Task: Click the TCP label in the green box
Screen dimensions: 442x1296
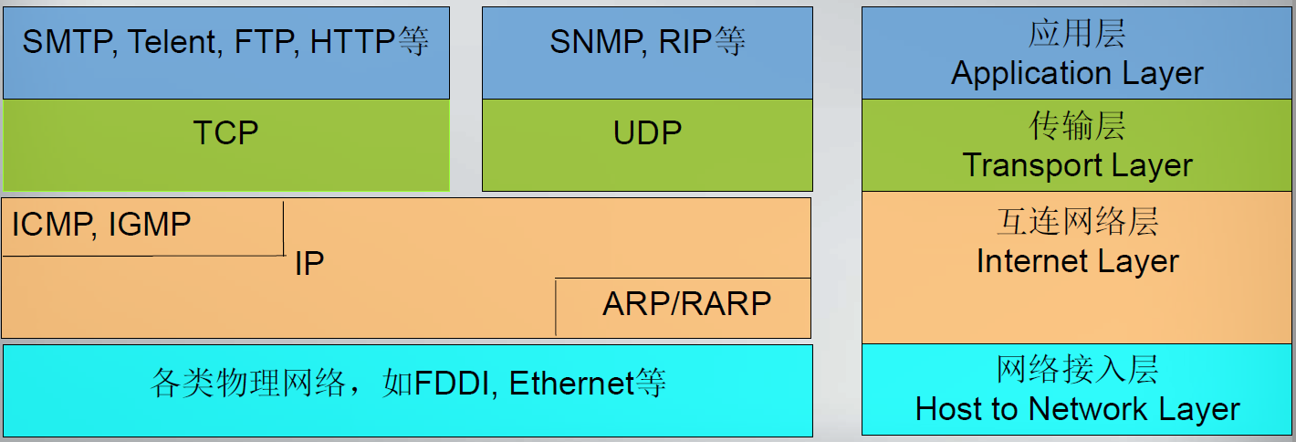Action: coord(225,133)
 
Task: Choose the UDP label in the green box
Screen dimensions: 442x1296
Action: coord(647,133)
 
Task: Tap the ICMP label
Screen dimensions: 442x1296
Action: coord(51,224)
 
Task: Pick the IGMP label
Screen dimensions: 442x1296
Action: coord(150,224)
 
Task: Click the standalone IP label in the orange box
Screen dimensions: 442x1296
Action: coord(309,265)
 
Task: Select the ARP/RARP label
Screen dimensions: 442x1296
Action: coord(686,303)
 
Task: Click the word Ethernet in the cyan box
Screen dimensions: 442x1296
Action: coord(570,384)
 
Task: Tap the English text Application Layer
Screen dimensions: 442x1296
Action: coord(1077,73)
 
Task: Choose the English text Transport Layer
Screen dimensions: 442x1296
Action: coord(1077,165)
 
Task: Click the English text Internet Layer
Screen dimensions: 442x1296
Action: coord(1077,262)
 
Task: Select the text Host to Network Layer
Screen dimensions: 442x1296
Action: coord(1077,409)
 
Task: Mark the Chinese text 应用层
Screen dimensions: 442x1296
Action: coord(1077,34)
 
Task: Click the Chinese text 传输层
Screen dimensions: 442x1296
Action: coord(1077,126)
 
